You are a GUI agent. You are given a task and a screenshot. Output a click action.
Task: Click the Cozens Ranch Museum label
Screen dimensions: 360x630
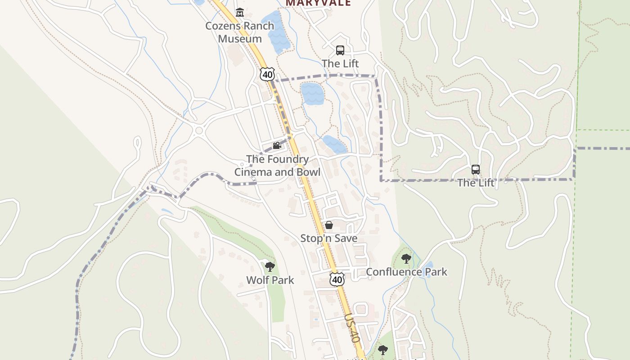[x=239, y=32]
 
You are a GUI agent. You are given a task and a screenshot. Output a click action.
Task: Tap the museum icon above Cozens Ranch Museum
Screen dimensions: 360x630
[x=239, y=13]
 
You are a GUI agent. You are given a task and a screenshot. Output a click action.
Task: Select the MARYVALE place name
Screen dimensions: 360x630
[x=318, y=3]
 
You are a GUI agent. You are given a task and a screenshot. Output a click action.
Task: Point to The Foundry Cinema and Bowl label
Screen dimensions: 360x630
[x=277, y=166]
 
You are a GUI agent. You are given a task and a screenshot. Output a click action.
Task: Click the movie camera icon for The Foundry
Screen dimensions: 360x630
[x=277, y=146]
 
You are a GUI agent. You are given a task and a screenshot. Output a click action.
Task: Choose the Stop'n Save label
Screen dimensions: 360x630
[x=329, y=238]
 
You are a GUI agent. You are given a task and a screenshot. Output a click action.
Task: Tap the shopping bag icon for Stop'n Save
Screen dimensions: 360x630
[x=329, y=225]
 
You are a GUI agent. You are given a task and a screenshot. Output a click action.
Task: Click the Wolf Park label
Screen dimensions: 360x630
[x=270, y=280]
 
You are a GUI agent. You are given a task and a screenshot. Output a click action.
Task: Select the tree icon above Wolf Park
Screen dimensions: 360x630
[x=270, y=267]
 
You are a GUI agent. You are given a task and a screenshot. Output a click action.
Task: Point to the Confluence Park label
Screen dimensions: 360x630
[x=406, y=272]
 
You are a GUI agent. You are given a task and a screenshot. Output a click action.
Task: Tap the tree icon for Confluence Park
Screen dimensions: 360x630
[x=406, y=259]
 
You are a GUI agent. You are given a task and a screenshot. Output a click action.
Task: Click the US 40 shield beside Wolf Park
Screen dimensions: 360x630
[x=337, y=279]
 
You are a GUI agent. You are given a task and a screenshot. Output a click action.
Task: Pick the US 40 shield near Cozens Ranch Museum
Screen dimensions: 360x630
[x=267, y=74]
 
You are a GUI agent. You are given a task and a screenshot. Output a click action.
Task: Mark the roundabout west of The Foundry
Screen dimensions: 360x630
[x=199, y=131]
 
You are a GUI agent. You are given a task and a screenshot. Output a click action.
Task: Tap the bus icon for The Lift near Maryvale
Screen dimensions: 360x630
[x=340, y=50]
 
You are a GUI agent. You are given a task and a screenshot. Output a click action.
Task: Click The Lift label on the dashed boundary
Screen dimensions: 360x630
[x=476, y=183]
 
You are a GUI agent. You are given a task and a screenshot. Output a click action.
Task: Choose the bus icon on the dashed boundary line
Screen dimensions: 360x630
[x=476, y=170]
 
